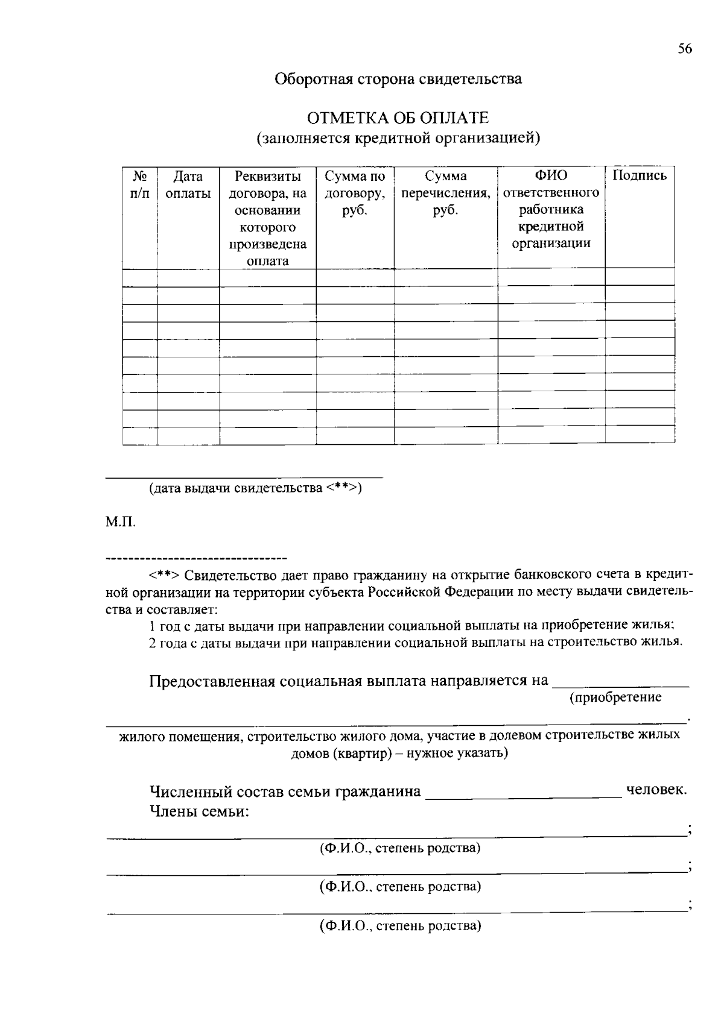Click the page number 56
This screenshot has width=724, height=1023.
pos(684,49)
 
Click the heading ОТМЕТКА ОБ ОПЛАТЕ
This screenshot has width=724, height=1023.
pos(398,118)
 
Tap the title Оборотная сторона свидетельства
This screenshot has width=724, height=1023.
pos(398,79)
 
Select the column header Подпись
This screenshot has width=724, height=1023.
pos(640,176)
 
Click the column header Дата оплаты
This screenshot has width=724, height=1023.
pos(188,184)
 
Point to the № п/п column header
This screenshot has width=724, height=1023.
pos(139,184)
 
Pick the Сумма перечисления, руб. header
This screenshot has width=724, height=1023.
pos(445,193)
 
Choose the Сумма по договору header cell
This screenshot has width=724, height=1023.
pos(355,193)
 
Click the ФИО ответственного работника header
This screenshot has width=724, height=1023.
pos(551,209)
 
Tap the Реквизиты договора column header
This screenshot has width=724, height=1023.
pos(267,218)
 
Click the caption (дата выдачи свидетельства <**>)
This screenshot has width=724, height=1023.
pos(255,488)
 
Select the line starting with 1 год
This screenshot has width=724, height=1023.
pos(411,625)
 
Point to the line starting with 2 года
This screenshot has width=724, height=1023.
pos(415,642)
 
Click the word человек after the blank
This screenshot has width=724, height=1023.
pos(656,790)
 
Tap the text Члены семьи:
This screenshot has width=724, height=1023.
pos(199,811)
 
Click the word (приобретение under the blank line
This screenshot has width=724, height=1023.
pos(615,697)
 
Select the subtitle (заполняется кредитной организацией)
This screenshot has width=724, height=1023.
pos(398,138)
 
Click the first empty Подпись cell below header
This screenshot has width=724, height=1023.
pos(640,277)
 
